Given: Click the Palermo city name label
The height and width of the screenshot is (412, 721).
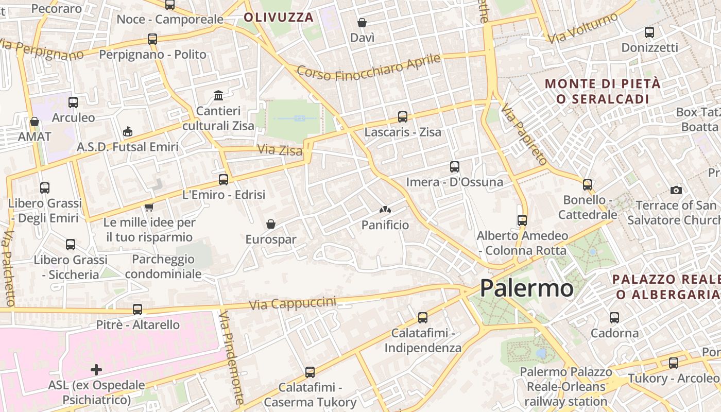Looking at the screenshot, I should tap(526, 288).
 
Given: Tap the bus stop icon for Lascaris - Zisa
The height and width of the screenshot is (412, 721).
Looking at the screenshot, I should tap(403, 117).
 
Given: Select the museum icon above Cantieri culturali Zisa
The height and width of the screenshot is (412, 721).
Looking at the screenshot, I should tap(218, 96).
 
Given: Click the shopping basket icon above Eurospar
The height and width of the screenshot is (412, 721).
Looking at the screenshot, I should tap(271, 224).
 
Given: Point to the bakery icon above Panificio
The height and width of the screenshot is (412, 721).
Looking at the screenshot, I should tap(385, 210).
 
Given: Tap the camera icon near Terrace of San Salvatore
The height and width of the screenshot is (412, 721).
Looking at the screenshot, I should tap(676, 190).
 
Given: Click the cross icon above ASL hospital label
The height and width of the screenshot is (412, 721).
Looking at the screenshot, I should tap(96, 369).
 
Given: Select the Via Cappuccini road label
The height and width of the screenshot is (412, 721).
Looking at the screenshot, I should tap(293, 303).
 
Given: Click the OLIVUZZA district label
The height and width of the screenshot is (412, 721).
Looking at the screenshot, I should tap(279, 18).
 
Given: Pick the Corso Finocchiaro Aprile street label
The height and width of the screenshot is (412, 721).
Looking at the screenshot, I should tap(369, 67).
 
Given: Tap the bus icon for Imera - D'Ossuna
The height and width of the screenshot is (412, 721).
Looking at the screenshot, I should tap(454, 166).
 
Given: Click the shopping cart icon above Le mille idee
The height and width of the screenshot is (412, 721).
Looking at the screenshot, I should tap(149, 207).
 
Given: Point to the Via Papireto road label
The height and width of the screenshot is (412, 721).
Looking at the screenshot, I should tap(524, 134).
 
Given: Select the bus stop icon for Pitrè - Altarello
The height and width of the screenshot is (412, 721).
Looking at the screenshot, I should tap(138, 310).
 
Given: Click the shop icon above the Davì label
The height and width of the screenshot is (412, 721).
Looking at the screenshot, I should tap(362, 23).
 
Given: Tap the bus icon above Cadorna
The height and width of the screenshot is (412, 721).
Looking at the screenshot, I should tap(614, 318).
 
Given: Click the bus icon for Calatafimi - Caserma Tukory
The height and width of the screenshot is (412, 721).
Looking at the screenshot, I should tap(310, 372).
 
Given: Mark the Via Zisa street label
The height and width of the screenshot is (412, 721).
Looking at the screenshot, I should tap(280, 150).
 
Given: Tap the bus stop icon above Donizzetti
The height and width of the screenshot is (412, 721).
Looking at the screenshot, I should tap(649, 32).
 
